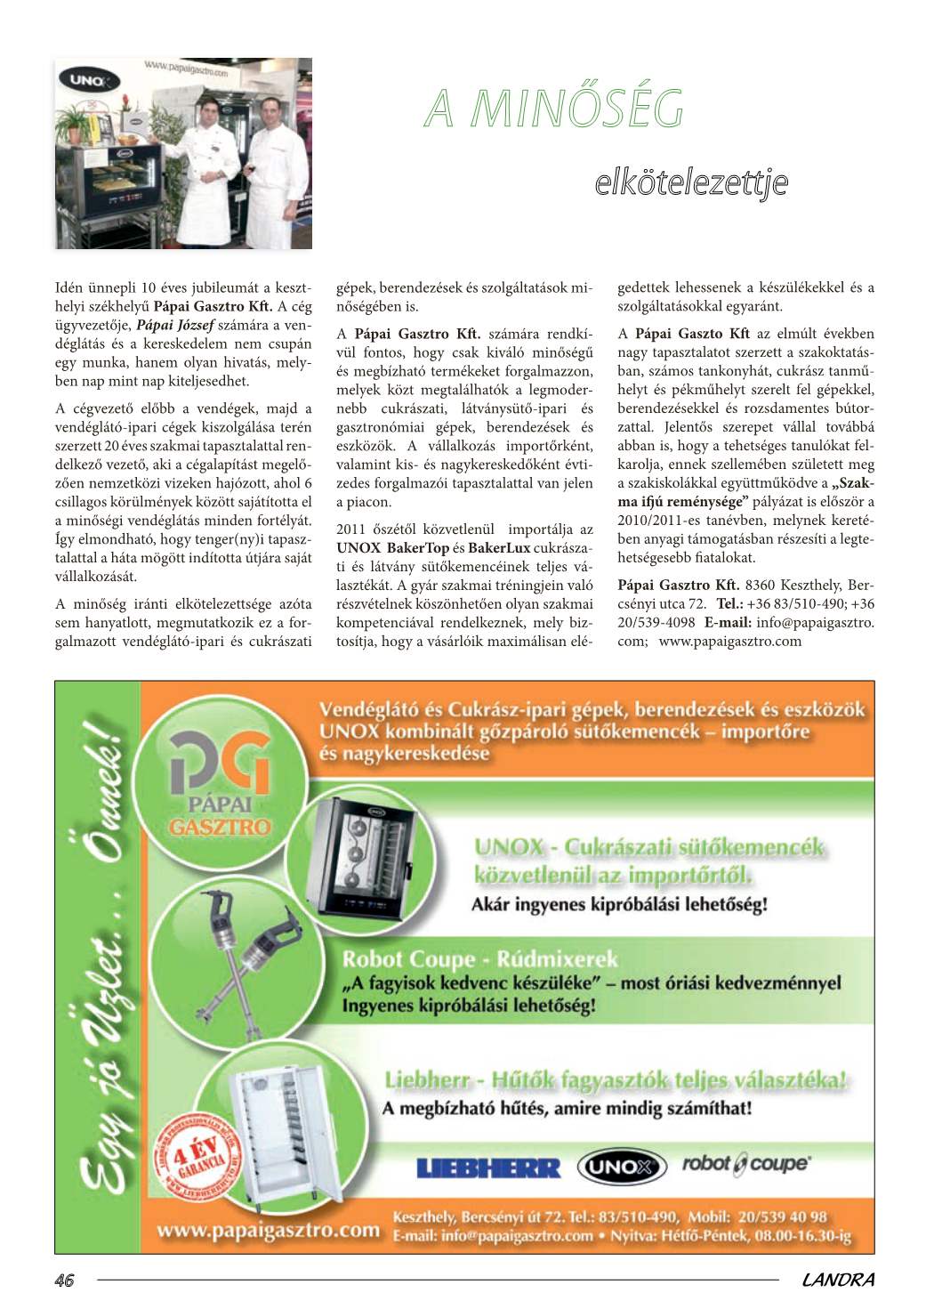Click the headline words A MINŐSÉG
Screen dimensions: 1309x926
pyautogui.click(x=554, y=109)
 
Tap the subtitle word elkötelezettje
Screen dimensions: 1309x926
pyautogui.click(x=691, y=182)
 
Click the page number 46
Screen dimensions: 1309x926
pyautogui.click(x=64, y=1281)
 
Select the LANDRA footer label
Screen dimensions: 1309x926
pyautogui.click(x=838, y=1281)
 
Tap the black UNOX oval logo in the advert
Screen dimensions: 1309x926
pyautogui.click(x=621, y=1167)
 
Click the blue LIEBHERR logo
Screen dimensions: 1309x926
pyautogui.click(x=489, y=1168)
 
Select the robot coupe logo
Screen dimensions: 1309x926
pyautogui.click(x=745, y=1164)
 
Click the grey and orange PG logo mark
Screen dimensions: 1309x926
pyautogui.click(x=219, y=763)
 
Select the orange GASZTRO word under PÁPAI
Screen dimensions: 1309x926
pyautogui.click(x=219, y=827)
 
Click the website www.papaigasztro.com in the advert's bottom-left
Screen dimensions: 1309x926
pyautogui.click(x=268, y=1231)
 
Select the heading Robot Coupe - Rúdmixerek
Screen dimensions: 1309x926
pyautogui.click(x=479, y=959)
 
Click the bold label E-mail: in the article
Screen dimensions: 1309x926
pyautogui.click(x=728, y=622)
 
